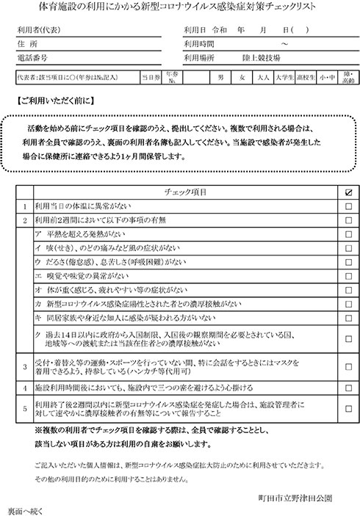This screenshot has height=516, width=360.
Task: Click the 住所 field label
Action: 30,43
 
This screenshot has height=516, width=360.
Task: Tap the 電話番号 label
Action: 35,57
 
